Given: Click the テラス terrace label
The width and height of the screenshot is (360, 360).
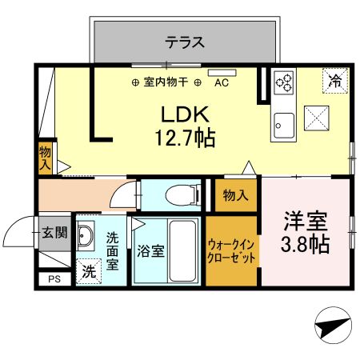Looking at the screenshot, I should [x=186, y=42].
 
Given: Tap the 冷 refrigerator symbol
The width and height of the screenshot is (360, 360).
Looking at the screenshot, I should [x=336, y=81].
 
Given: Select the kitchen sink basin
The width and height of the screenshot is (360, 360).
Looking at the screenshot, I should [x=282, y=124].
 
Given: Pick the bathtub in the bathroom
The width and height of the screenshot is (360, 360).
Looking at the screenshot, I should [x=184, y=250].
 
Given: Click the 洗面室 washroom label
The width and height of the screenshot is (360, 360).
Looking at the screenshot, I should [x=113, y=250].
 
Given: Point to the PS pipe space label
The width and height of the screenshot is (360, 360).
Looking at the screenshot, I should [x=54, y=279].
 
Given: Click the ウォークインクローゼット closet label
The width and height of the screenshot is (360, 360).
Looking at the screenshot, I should [x=232, y=252].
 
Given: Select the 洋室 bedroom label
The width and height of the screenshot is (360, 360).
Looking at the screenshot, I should [x=305, y=219].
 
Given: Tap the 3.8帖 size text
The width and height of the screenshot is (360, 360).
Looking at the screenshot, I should [x=305, y=245].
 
